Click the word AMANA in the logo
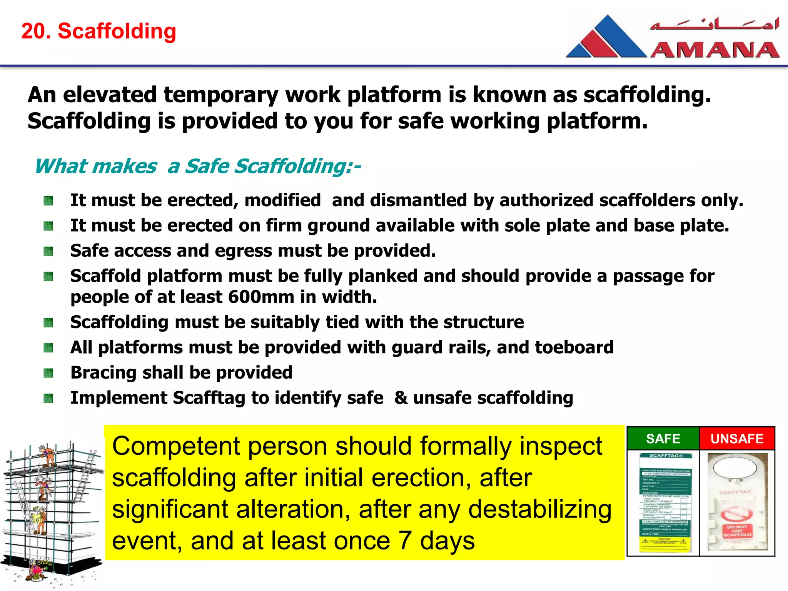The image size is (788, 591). tap(715, 50)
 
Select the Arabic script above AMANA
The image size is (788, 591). tap(715, 24)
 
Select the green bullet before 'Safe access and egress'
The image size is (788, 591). tap(48, 251)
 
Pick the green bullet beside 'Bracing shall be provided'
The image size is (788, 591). tap(48, 373)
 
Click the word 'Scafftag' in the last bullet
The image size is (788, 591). tap(209, 398)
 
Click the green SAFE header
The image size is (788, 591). tap(663, 439)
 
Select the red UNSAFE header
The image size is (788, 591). tap(736, 439)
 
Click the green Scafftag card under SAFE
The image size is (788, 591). tap(666, 502)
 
